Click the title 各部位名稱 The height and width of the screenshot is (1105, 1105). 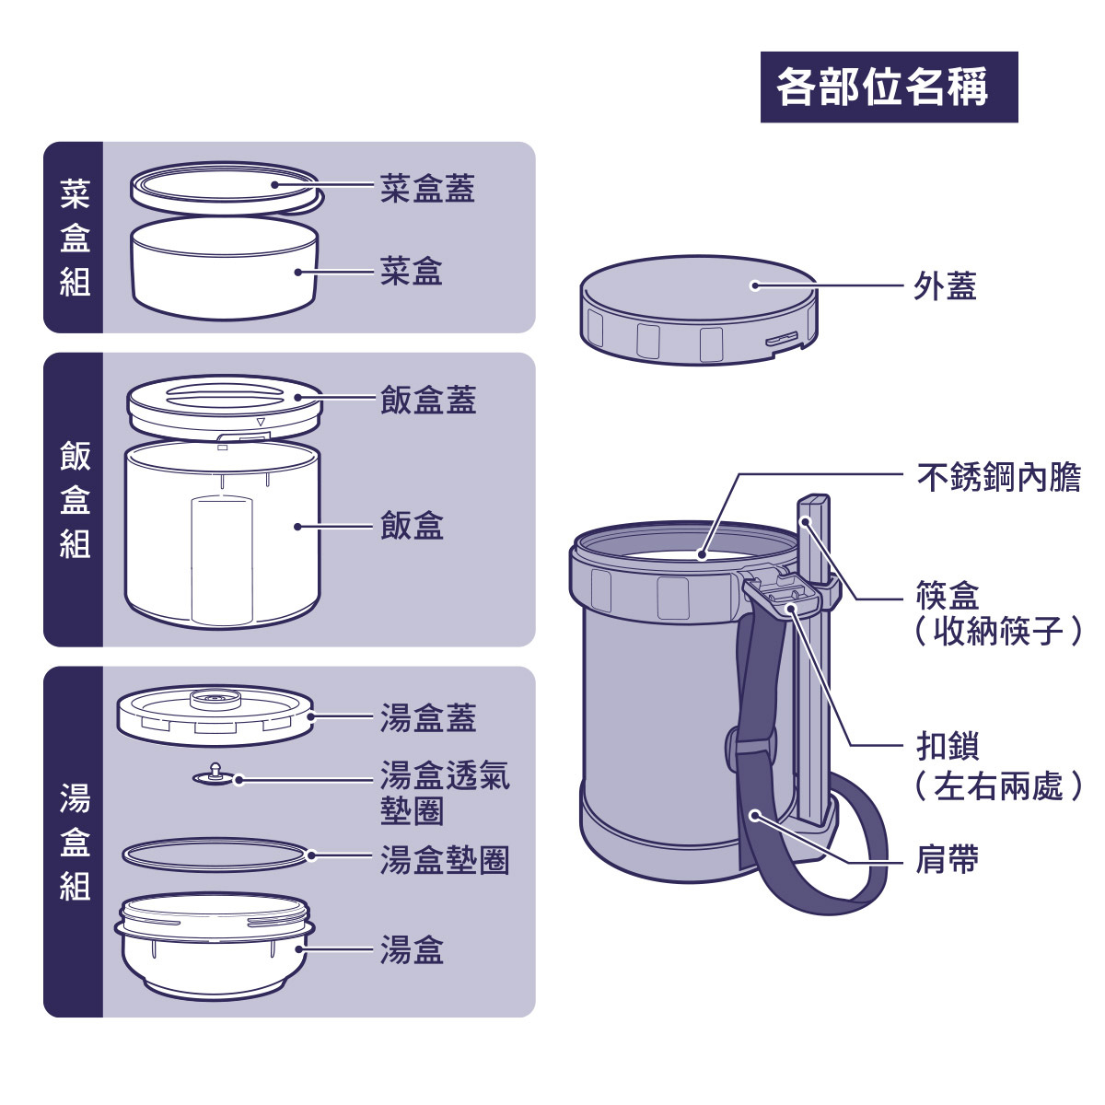[x=889, y=87]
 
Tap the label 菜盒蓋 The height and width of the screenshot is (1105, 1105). [x=427, y=188]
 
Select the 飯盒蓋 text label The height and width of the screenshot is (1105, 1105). [x=427, y=401]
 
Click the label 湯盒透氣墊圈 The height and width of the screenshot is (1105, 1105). [x=444, y=792]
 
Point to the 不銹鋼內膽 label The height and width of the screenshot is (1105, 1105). [x=998, y=477]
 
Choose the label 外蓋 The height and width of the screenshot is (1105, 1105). [x=945, y=286]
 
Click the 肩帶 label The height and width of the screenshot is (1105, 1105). [x=947, y=859]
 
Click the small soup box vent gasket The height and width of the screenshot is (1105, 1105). [x=215, y=776]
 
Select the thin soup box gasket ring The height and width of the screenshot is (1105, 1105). [x=215, y=854]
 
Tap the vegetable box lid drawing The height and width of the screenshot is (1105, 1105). [x=226, y=186]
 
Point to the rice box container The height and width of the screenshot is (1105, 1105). [x=223, y=534]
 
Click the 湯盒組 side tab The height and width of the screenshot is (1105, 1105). [x=74, y=842]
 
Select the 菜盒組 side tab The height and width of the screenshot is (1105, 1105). [x=74, y=238]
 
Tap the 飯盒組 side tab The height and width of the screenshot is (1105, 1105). [x=74, y=500]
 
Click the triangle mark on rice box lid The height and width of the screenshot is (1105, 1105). [x=261, y=423]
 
